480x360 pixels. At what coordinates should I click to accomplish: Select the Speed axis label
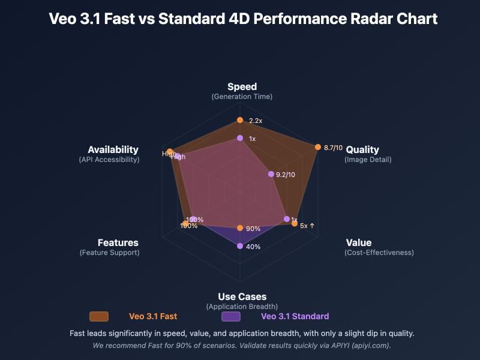point(242,87)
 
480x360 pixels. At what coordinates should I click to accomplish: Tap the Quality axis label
point(362,149)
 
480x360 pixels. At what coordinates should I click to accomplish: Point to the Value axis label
point(359,242)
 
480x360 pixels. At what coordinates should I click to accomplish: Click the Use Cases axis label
point(242,296)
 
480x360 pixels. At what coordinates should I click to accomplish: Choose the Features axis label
point(118,242)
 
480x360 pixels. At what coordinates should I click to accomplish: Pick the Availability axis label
point(113,149)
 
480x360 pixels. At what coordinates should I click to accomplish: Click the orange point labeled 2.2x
point(240,121)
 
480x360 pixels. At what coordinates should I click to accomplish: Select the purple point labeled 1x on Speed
point(240,138)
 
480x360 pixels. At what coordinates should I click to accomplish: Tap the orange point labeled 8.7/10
point(317,147)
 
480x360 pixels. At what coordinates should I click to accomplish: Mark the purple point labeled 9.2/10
point(271,174)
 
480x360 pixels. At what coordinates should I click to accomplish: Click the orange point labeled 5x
point(294,223)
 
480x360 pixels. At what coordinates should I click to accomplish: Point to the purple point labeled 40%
point(240,246)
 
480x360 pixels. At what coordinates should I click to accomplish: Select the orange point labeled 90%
point(240,228)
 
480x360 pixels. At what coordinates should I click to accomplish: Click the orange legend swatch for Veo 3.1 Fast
point(99,316)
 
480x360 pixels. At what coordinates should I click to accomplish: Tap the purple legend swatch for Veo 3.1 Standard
point(231,316)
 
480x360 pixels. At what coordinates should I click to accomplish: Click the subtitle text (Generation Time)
point(242,97)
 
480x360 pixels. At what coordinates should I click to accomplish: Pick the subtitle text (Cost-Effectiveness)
point(379,253)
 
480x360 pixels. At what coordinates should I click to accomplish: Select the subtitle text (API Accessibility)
point(109,160)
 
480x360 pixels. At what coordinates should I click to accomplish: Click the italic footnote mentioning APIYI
point(242,346)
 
